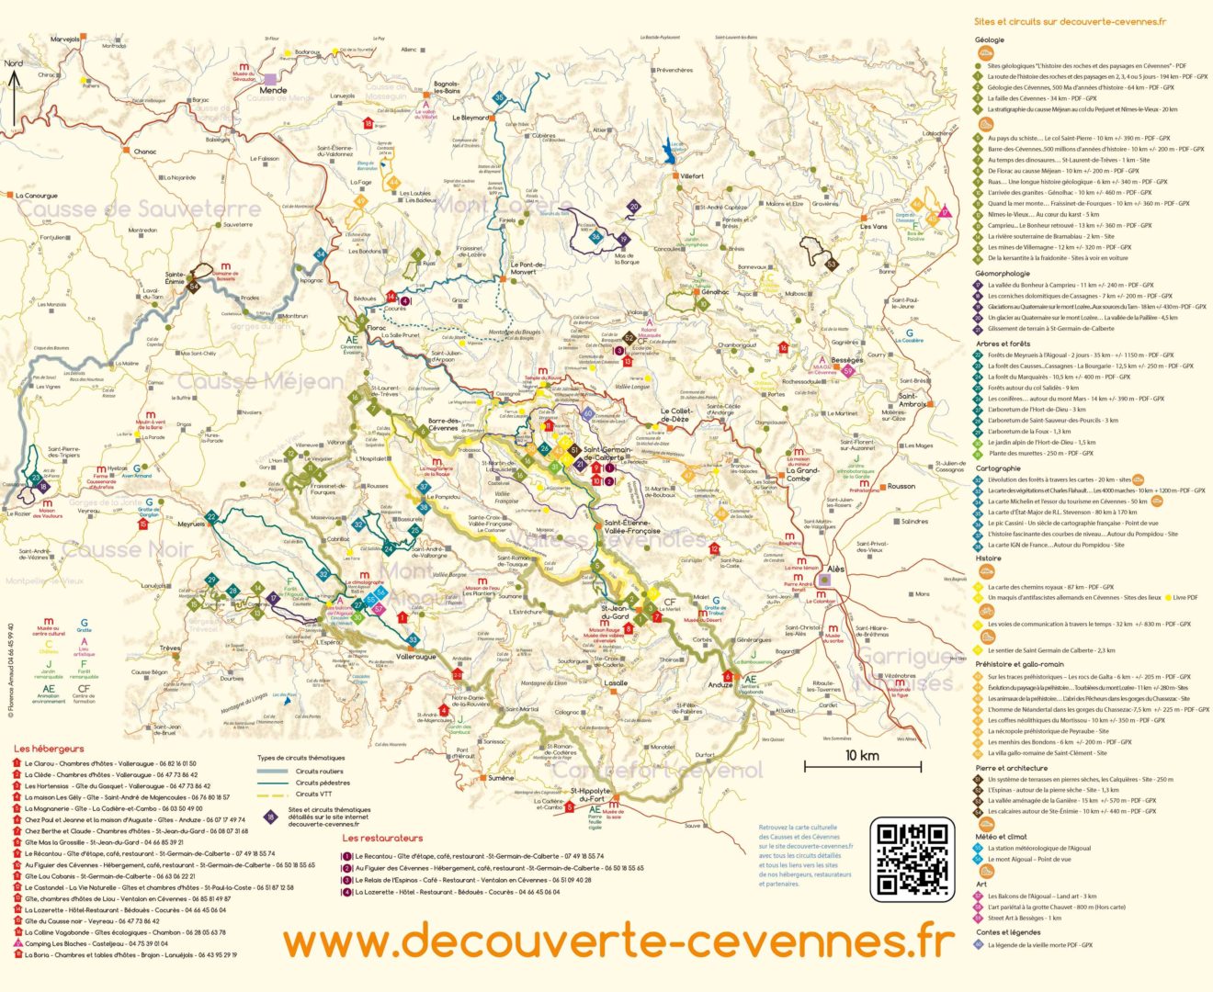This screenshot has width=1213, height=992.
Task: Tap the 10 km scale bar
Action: pos(862,764)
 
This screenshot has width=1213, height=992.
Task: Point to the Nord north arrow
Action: pos(14,92)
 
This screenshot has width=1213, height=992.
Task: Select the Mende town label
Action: pos(274,90)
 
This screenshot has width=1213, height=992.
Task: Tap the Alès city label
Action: pos(835,569)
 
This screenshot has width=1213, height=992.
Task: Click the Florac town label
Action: pos(377,327)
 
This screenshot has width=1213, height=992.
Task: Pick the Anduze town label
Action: pos(720,684)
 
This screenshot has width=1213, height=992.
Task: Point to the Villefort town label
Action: pos(692,175)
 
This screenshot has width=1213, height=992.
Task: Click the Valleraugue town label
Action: pos(416,657)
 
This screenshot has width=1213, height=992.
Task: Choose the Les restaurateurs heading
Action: pos(382,838)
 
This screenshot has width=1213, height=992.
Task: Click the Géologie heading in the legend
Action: pos(989,39)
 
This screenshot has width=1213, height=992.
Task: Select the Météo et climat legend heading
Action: pos(1001,837)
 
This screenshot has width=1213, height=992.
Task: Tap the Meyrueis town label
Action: pos(191,524)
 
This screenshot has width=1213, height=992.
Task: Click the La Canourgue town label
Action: pos(36,196)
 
